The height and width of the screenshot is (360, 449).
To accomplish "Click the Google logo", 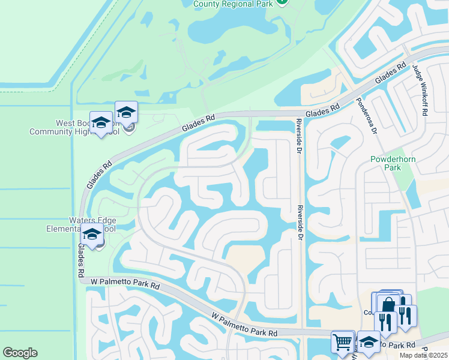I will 20,353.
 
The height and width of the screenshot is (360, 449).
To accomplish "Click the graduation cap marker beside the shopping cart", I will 369,342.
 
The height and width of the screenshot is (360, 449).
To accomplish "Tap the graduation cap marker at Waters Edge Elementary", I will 92,236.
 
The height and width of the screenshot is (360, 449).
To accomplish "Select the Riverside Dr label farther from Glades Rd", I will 298,222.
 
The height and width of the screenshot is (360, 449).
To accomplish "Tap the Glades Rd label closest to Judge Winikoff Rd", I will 391,74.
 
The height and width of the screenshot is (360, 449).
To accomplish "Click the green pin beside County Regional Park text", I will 283,2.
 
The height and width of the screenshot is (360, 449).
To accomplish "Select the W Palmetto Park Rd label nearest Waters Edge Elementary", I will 125,282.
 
